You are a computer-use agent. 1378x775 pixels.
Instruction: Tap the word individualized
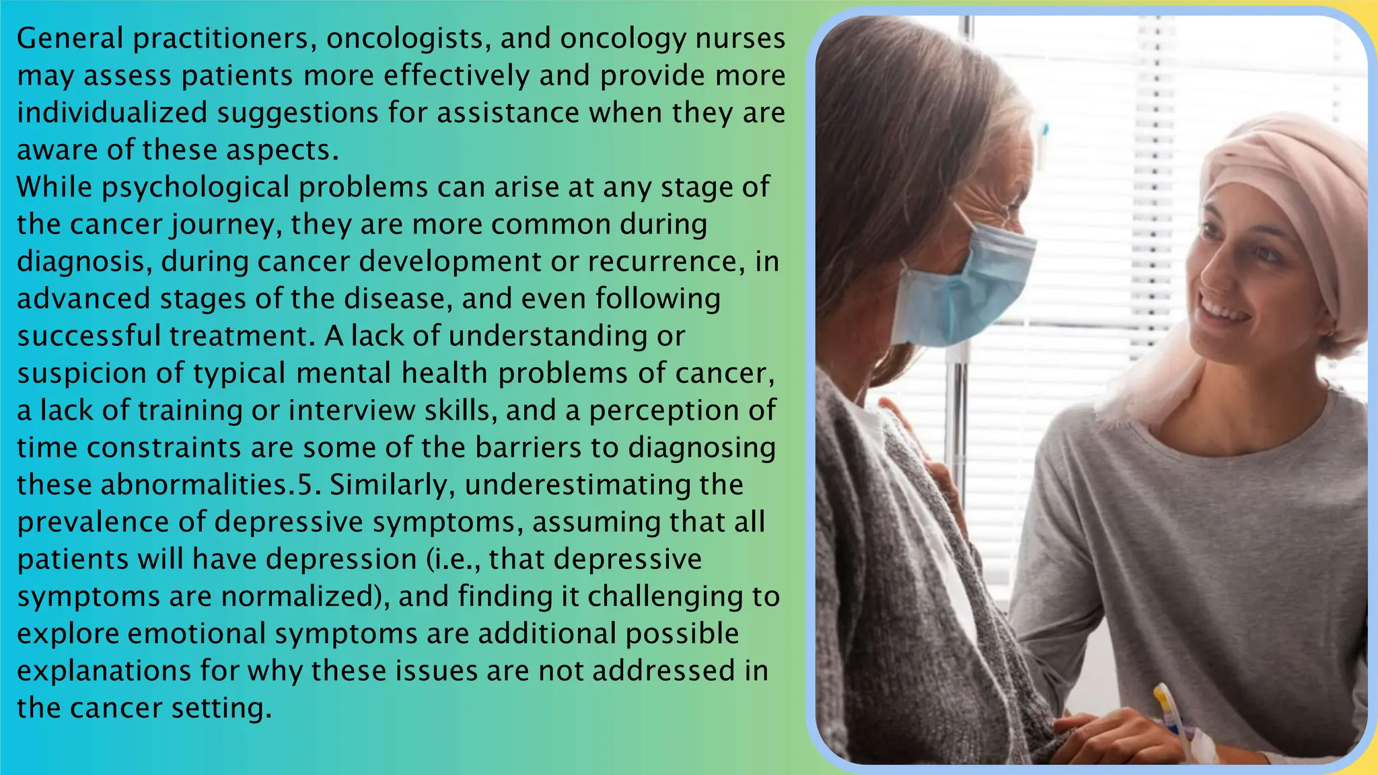[112, 113]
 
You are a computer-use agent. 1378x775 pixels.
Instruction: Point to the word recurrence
[666, 262]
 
